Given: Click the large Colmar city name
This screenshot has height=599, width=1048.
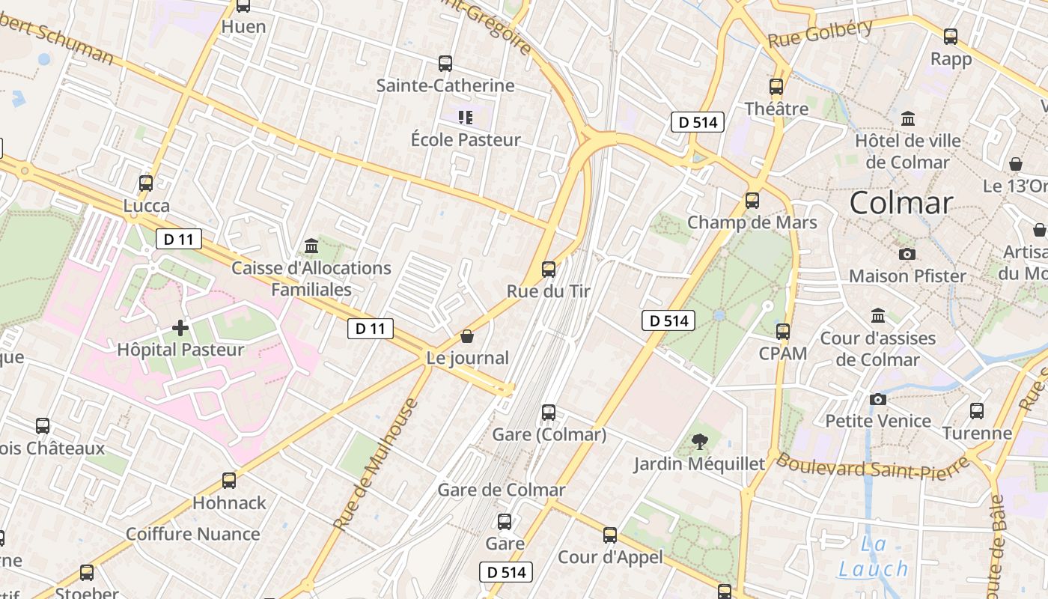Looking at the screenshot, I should pyautogui.click(x=901, y=203).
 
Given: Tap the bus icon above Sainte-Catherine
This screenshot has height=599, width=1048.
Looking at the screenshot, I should pyautogui.click(x=445, y=64).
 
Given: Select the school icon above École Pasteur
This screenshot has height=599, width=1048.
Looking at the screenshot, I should pyautogui.click(x=466, y=118).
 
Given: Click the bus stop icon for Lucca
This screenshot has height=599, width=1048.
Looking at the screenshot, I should pyautogui.click(x=146, y=183).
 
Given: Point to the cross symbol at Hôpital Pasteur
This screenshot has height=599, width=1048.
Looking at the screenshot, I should pyautogui.click(x=180, y=328).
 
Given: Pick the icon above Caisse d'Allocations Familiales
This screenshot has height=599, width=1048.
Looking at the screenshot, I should pyautogui.click(x=311, y=246).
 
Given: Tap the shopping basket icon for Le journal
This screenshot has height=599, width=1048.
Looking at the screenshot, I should pyautogui.click(x=467, y=336).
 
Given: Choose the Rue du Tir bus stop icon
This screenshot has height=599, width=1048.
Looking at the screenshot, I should pyautogui.click(x=549, y=269).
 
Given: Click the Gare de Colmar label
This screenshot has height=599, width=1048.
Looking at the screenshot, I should pyautogui.click(x=502, y=490).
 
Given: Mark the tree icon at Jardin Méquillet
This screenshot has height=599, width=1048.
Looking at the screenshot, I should pyautogui.click(x=700, y=442).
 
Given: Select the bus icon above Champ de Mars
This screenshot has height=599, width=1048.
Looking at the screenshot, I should pyautogui.click(x=752, y=201).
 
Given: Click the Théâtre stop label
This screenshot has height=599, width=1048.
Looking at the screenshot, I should pyautogui.click(x=776, y=109).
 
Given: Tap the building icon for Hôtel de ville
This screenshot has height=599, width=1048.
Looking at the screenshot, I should pyautogui.click(x=908, y=118).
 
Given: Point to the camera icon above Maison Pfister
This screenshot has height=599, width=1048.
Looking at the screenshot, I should pyautogui.click(x=907, y=254).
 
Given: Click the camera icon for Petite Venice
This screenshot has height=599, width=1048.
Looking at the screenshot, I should pyautogui.click(x=878, y=399).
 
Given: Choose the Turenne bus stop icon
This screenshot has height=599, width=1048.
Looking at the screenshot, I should pyautogui.click(x=977, y=410).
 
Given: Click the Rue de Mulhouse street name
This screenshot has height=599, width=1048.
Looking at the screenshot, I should pyautogui.click(x=376, y=464).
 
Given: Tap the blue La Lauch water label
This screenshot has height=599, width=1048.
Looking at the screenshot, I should pyautogui.click(x=873, y=557).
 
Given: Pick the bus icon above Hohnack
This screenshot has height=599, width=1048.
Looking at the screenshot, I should pyautogui.click(x=229, y=481).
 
